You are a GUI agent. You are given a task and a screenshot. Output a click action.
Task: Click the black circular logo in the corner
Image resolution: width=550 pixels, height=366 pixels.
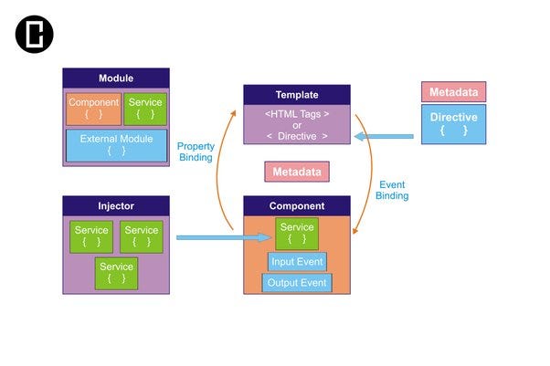pyautogui.click(x=35, y=35)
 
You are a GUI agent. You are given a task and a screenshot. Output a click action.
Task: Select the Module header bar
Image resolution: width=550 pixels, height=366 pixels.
pyautogui.click(x=115, y=78)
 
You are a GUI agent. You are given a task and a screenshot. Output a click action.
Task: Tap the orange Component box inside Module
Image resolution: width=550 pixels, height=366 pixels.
pyautogui.click(x=93, y=109)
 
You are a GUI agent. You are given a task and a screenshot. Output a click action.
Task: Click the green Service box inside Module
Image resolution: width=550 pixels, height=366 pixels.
pyautogui.click(x=145, y=109)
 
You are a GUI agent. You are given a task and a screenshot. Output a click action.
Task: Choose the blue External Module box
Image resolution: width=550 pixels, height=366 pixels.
pyautogui.click(x=116, y=145)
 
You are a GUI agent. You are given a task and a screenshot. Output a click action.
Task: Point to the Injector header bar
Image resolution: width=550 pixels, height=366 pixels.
pyautogui.click(x=115, y=206)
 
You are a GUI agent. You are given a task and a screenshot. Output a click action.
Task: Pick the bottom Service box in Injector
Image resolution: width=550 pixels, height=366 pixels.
pyautogui.click(x=116, y=273)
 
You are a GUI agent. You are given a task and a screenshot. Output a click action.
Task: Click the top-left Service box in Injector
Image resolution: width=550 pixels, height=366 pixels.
pyautogui.click(x=91, y=236)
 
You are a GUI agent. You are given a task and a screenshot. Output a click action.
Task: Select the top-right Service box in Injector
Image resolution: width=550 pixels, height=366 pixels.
pyautogui.click(x=142, y=236)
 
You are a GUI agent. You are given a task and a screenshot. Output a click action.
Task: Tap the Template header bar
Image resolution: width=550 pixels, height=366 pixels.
pyautogui.click(x=296, y=95)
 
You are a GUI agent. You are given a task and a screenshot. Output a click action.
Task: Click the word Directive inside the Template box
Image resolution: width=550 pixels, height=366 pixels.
pyautogui.click(x=297, y=136)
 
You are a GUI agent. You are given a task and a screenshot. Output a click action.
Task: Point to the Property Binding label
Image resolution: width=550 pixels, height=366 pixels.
pyautogui.click(x=196, y=152)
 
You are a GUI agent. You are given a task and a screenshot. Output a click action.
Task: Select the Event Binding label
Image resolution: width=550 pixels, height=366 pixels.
pyautogui.click(x=393, y=190)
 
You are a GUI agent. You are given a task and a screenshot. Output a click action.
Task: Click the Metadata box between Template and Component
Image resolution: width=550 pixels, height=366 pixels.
pyautogui.click(x=297, y=171)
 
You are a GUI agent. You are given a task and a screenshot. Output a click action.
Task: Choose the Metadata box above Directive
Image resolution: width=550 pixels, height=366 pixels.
pyautogui.click(x=453, y=91)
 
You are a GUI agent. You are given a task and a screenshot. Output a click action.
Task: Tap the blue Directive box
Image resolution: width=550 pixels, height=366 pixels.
pyautogui.click(x=453, y=124)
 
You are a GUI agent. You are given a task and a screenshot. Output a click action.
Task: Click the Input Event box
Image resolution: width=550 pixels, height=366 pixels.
pyautogui.click(x=297, y=262)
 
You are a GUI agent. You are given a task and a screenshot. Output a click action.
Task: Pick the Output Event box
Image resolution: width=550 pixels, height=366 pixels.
pyautogui.click(x=297, y=283)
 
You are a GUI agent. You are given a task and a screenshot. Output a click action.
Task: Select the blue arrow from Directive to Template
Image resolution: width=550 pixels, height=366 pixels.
pyautogui.click(x=384, y=138)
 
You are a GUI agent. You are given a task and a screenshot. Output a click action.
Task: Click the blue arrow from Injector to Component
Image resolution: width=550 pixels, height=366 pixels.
pyautogui.click(x=224, y=237)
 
